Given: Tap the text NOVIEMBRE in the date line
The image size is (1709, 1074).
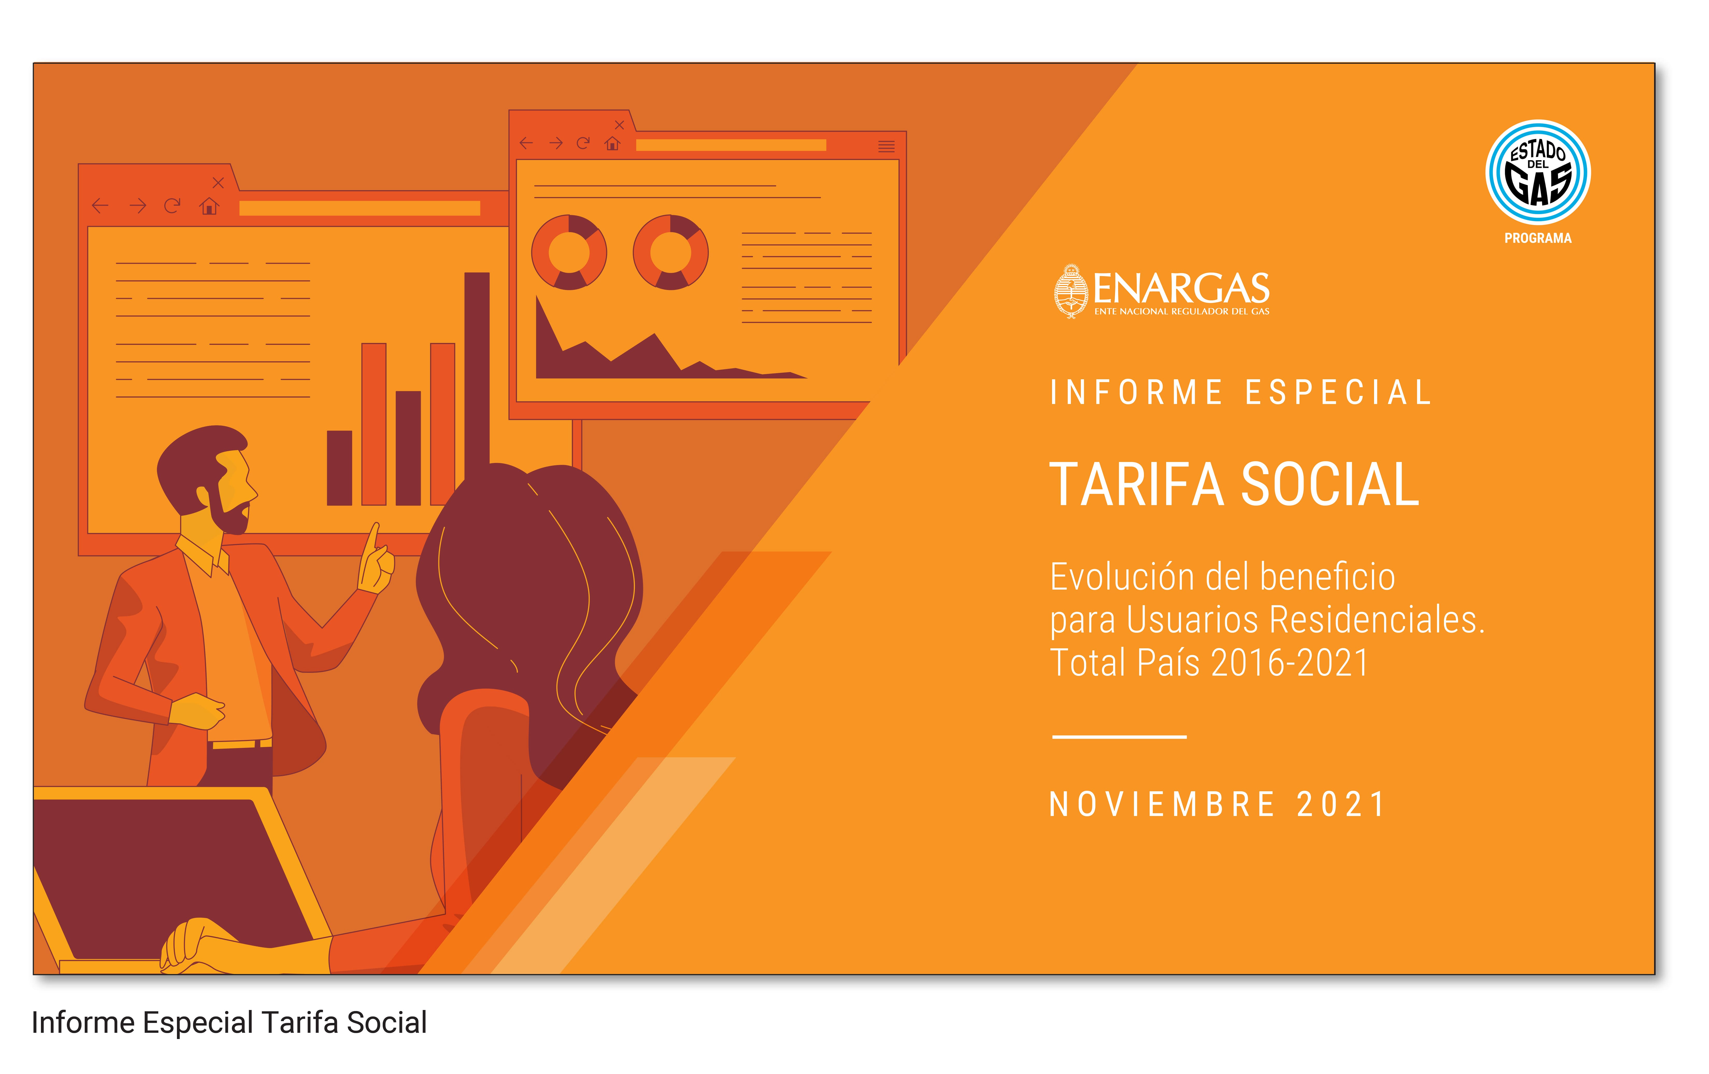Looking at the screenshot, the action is click(x=1162, y=804).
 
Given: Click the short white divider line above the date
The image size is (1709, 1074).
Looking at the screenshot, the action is click(x=1119, y=737).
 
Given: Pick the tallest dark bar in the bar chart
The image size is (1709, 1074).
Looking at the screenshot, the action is click(x=477, y=376).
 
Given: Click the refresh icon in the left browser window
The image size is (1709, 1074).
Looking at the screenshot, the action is click(x=172, y=206).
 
